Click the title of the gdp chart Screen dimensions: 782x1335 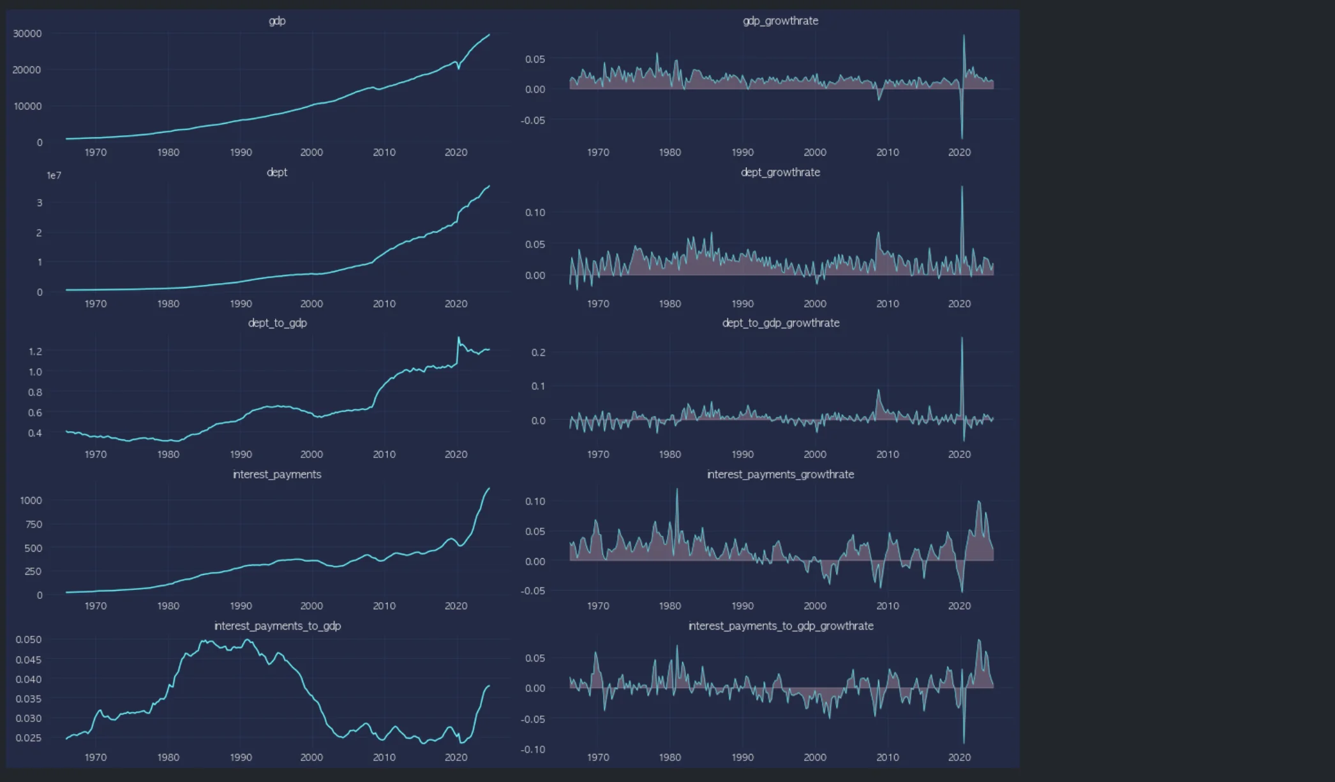[x=277, y=21]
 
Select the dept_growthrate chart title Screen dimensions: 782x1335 [x=780, y=172]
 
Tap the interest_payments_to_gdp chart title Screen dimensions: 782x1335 [x=277, y=626]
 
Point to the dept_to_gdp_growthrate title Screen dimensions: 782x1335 [x=780, y=323]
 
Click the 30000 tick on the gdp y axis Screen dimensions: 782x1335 [x=27, y=34]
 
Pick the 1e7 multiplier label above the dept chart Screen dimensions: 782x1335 [x=54, y=175]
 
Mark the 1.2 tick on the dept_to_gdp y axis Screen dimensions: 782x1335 [x=35, y=351]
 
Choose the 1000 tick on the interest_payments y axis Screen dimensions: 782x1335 [x=31, y=501]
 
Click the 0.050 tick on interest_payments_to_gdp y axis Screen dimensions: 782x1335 [x=29, y=640]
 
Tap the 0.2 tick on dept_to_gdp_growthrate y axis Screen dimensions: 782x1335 [x=538, y=353]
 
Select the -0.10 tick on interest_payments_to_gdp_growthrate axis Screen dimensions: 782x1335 [x=533, y=749]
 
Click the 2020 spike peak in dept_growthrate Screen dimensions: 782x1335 [x=962, y=187]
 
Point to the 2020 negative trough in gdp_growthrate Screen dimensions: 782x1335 [x=962, y=138]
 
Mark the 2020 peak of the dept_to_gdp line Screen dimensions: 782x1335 [x=458, y=338]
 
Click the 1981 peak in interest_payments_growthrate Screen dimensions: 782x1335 [x=677, y=490]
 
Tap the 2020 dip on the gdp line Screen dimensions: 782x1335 [x=458, y=68]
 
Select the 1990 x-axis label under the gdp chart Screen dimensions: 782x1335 [x=241, y=152]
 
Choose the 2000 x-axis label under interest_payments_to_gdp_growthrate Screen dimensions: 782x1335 [x=815, y=758]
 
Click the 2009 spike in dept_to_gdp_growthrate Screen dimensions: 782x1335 [x=878, y=390]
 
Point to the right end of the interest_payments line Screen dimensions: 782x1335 [x=489, y=489]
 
